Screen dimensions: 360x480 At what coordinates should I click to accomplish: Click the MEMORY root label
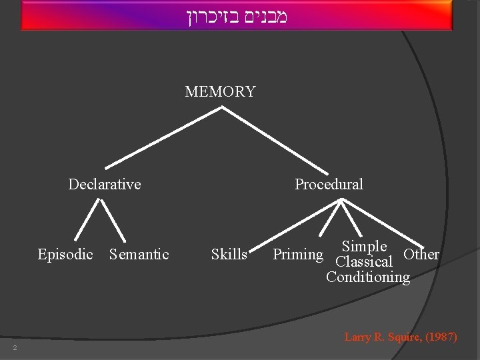220,92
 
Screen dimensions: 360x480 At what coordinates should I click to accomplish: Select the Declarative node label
105,184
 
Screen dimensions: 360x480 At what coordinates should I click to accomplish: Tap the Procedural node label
329,184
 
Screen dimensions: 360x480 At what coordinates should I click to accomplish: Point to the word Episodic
65,254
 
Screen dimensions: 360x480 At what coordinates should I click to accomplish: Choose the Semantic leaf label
139,254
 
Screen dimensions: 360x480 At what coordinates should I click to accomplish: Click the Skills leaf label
229,254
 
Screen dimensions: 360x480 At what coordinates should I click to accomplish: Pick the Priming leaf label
298,254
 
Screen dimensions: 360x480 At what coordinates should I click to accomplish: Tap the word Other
421,254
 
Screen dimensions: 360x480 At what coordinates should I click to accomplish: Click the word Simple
364,247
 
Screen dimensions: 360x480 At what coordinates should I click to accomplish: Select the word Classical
364,262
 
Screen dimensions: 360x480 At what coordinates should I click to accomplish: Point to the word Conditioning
368,277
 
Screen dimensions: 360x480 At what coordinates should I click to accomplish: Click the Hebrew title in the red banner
237,16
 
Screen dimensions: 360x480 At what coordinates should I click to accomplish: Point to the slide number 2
13,348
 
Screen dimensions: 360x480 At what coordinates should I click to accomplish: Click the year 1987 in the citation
441,337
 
